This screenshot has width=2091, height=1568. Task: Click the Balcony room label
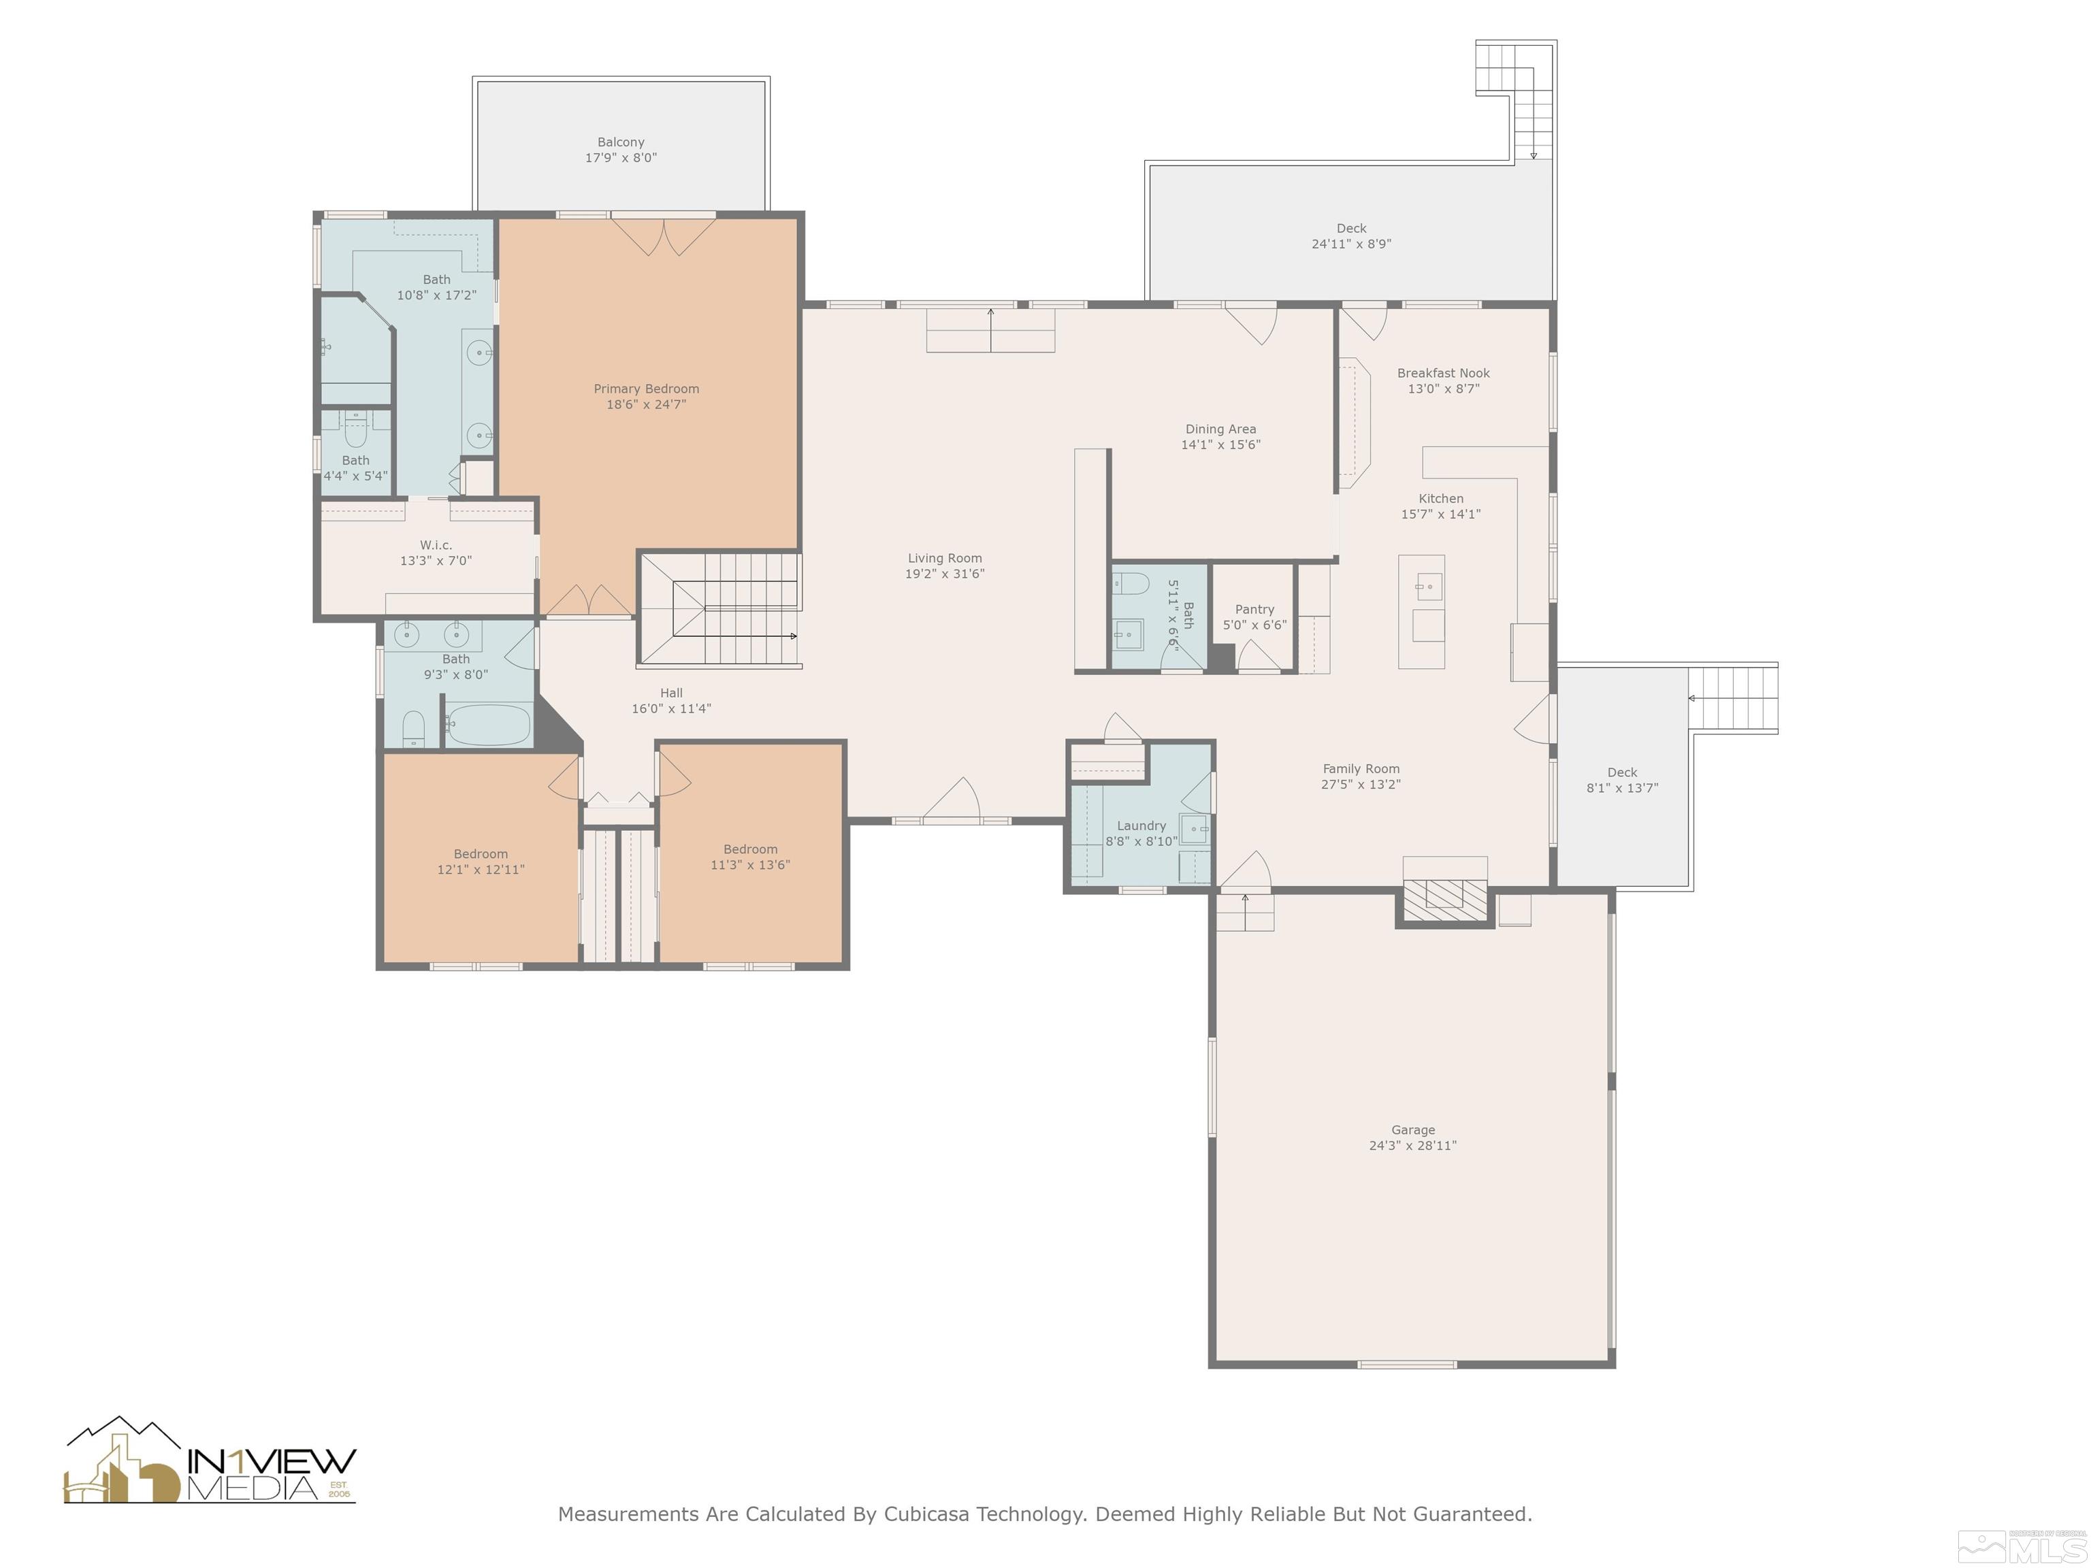620,142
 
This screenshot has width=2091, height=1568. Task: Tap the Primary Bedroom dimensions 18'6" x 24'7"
647,404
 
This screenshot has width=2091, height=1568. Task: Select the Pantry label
1254,610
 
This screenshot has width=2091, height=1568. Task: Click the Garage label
1413,1130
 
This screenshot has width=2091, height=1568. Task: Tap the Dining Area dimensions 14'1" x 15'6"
1220,444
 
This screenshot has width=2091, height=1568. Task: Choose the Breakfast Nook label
1444,374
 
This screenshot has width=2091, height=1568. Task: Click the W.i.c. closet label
436,544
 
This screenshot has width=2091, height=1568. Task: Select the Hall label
671,693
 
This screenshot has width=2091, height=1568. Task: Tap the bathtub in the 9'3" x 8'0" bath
488,725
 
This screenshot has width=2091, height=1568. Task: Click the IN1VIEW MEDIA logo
210,1461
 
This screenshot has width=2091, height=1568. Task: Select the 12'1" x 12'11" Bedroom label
481,853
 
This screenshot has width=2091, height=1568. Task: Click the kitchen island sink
1429,586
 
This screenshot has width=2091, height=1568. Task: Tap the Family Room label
1361,768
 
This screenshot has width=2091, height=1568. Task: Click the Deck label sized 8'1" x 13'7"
1622,772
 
